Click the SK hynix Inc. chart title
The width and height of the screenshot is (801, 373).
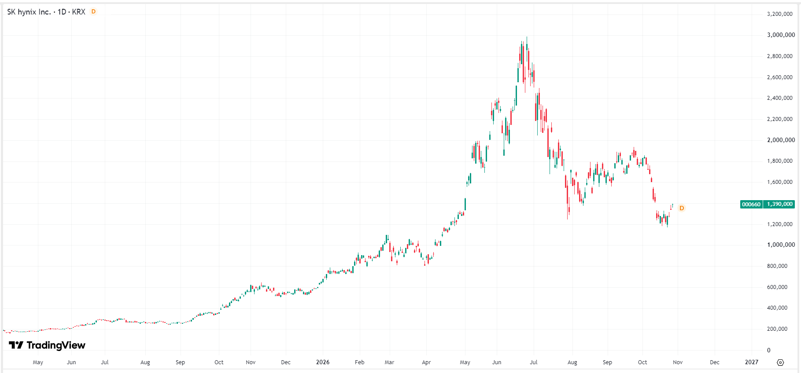point(46,12)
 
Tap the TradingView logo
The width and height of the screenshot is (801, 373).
point(47,345)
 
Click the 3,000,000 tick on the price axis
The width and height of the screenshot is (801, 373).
point(781,35)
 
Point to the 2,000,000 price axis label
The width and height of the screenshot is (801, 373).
point(781,140)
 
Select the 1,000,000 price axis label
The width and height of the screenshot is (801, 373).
point(781,245)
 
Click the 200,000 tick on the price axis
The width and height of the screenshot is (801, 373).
point(777,329)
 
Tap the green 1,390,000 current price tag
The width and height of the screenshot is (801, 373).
point(779,204)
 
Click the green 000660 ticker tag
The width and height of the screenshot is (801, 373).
point(751,204)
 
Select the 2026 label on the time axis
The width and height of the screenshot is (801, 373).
point(323,362)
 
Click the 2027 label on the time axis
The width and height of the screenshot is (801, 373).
point(752,362)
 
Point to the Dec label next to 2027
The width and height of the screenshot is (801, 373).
point(715,362)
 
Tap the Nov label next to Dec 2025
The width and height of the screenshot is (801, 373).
point(251,362)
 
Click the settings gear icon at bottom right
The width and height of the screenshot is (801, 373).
point(780,362)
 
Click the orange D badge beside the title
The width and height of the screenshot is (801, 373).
point(93,11)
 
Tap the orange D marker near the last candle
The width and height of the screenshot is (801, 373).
point(682,208)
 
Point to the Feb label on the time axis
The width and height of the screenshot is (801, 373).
point(360,362)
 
